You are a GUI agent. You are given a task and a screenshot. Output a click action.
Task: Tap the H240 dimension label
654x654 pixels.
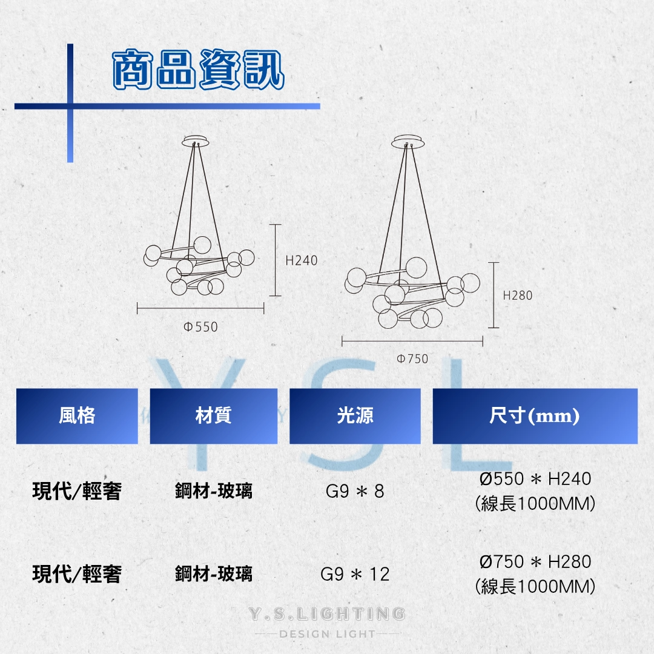[302, 260]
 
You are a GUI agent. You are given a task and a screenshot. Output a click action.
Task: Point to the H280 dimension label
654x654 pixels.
[518, 296]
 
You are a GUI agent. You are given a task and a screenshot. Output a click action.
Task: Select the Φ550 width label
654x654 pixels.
[200, 327]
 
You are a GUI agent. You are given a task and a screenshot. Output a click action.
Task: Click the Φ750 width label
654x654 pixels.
[412, 358]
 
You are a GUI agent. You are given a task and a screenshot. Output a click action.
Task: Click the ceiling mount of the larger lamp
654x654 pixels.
[409, 142]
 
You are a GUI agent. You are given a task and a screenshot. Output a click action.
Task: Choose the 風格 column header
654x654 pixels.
[77, 416]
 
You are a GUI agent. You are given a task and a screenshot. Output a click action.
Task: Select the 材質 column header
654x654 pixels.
[213, 416]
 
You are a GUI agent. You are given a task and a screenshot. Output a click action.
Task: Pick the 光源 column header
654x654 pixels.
[355, 416]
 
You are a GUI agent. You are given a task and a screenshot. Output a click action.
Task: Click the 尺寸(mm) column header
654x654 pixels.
[535, 416]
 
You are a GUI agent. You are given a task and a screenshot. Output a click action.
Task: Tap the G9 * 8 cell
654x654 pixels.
[355, 490]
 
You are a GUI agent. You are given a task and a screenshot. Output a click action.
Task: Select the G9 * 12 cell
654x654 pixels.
[355, 573]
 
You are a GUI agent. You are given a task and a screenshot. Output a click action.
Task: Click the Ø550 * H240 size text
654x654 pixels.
[535, 479]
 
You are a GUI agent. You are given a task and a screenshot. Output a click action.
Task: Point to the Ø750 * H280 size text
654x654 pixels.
[535, 562]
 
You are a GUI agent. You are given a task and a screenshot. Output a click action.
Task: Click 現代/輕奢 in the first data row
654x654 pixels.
[76, 490]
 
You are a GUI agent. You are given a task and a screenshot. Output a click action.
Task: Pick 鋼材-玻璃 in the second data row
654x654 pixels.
[213, 573]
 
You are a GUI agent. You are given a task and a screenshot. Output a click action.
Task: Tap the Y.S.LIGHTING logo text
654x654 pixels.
[327, 614]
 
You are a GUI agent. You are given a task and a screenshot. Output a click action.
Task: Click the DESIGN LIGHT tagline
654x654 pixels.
[327, 634]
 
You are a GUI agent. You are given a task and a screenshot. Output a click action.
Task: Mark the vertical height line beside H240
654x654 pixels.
[276, 260]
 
